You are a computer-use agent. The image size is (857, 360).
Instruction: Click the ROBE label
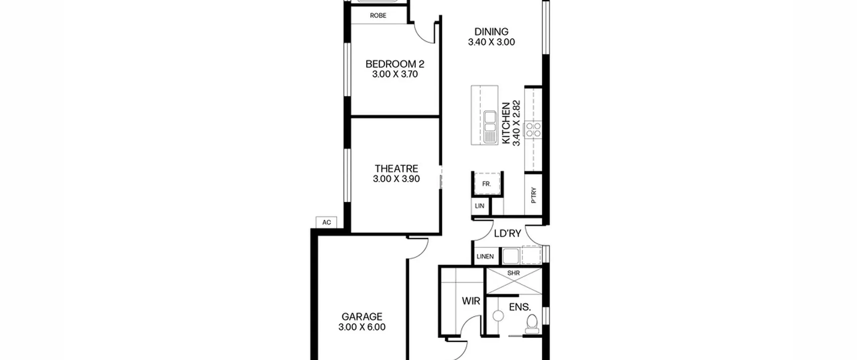point(378,15)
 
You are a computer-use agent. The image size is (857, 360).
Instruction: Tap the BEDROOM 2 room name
point(395,64)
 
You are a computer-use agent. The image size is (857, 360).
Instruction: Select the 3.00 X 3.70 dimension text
point(395,74)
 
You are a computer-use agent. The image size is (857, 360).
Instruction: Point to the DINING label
point(491,32)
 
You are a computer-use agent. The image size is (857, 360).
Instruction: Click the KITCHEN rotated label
point(506,123)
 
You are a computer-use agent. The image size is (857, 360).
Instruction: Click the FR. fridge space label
point(486,184)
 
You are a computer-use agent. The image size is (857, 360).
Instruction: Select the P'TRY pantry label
point(534,195)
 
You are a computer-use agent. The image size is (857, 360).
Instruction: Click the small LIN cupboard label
point(479,206)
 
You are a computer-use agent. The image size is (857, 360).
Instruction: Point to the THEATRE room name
point(396,168)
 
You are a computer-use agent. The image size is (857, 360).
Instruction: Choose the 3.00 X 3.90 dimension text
point(396,179)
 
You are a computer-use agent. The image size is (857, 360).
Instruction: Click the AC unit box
point(326,222)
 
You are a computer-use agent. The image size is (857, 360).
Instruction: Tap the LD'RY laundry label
point(508,233)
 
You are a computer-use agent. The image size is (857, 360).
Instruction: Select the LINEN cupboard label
point(485,257)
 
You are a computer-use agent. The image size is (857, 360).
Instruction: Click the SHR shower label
point(514,273)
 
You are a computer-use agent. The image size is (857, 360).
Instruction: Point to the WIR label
point(471,301)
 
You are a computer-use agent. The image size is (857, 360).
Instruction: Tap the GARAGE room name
point(362,316)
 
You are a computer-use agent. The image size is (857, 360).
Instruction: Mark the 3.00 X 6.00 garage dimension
point(362,327)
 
